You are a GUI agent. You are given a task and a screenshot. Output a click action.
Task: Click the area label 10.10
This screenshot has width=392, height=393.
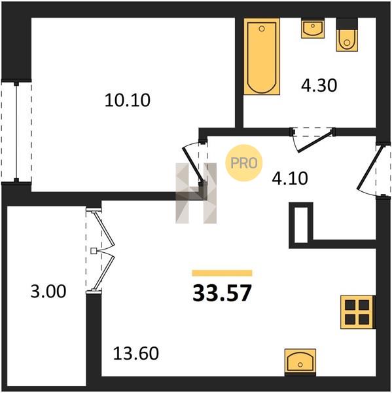tap(127, 100)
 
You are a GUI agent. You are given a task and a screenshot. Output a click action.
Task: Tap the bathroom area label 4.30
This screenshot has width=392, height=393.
tap(319, 85)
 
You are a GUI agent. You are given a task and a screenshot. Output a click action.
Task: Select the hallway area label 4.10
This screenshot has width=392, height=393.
tap(290, 178)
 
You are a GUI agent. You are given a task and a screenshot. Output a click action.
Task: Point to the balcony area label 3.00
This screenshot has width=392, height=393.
tap(48, 291)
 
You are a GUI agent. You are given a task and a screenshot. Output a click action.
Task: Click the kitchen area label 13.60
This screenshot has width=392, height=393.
tap(136, 353)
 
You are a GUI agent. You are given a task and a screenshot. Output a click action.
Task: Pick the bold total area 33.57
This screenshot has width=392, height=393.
tap(222, 293)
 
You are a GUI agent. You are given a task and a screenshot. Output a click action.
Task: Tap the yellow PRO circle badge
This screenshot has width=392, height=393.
tap(243, 163)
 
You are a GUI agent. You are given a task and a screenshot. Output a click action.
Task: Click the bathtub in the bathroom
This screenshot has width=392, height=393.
tap(262, 56)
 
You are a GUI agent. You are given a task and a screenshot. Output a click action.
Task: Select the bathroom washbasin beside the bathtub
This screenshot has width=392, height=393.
tap(313, 28)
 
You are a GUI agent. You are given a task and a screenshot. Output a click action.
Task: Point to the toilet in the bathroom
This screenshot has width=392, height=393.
tap(347, 35)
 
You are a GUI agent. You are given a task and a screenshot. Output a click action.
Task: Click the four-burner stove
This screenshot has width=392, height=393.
tap(358, 312)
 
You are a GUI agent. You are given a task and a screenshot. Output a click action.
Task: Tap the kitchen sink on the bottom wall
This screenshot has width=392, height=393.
tap(300, 362)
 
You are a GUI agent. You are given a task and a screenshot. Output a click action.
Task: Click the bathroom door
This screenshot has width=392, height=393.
tap(313, 140)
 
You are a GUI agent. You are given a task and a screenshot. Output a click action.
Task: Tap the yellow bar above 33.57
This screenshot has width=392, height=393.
tap(222, 273)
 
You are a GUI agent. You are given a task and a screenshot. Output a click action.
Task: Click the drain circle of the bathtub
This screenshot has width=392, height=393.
tap(262, 29)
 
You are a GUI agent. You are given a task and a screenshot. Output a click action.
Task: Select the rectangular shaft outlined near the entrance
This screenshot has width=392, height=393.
tap(301, 225)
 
